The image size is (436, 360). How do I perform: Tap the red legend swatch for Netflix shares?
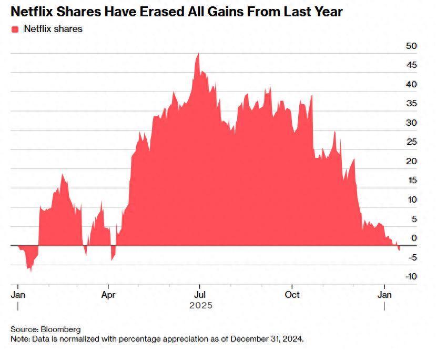[15, 29]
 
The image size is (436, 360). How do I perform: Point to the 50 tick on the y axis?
[411, 46]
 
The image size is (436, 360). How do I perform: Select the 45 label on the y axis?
[411, 65]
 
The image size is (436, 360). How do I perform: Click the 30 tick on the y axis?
[411, 123]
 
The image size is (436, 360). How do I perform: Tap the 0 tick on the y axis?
[414, 238]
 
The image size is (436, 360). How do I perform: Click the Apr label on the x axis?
[108, 295]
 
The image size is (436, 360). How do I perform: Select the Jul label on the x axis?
[199, 295]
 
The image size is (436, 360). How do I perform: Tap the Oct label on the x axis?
[292, 295]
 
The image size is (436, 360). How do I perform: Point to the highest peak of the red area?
[198, 53]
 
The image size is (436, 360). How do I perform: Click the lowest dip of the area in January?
[31, 271]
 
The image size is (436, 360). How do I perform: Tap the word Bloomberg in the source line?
[62, 329]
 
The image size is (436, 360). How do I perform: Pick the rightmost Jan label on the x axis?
[384, 295]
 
